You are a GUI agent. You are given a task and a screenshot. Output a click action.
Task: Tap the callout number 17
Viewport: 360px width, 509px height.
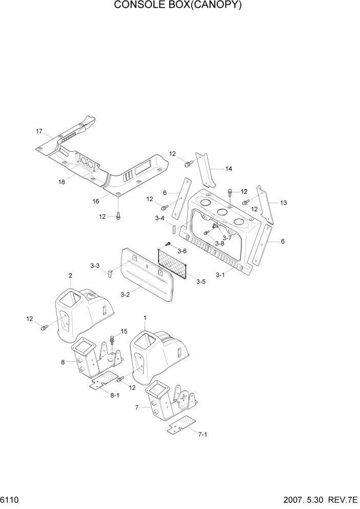click(39, 131)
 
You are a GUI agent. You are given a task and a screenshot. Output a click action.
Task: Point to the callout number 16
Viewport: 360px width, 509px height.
click(96, 201)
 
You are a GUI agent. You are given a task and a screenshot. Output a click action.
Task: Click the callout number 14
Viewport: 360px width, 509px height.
click(229, 168)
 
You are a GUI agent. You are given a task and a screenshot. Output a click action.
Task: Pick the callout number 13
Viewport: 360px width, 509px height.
click(283, 203)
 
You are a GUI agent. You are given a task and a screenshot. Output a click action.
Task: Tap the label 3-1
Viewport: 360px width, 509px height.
click(220, 275)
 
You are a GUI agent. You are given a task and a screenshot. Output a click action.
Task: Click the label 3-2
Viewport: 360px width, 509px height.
click(125, 295)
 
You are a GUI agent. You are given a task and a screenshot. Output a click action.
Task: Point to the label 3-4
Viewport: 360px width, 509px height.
click(160, 218)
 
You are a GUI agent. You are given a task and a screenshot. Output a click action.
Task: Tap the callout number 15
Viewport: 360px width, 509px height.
click(124, 331)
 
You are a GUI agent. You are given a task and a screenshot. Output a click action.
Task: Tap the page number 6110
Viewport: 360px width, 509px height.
click(10, 498)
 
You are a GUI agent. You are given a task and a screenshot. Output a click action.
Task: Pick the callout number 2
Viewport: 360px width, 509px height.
click(70, 276)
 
